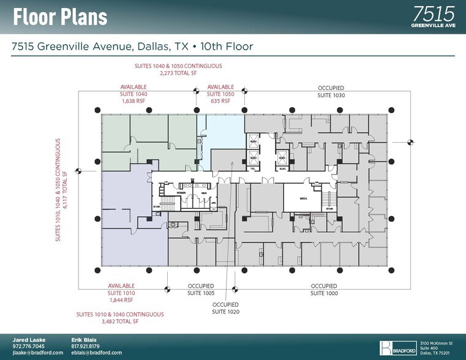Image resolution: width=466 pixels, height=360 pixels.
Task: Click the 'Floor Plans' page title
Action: (60, 17)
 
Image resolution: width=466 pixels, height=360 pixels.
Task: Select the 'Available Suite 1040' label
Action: (133, 94)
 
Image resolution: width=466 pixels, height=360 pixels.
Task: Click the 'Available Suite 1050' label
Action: (220, 94)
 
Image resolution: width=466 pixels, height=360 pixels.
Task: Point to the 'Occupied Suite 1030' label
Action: (331, 92)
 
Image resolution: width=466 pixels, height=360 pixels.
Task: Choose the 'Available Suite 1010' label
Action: (121, 293)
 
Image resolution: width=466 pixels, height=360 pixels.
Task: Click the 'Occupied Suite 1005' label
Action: (200, 290)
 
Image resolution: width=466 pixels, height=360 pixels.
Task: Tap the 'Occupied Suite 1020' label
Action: (225, 308)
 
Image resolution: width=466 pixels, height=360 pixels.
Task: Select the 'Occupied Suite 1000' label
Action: (324, 290)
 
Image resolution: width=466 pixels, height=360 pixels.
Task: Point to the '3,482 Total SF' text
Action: (116, 321)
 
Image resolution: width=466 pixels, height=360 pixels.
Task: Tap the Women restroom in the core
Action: (181, 193)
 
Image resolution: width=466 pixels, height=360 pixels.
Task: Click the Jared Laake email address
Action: (38, 353)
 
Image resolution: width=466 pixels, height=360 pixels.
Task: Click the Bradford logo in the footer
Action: (397, 347)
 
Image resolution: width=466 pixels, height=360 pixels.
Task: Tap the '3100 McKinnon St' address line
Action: (435, 343)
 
